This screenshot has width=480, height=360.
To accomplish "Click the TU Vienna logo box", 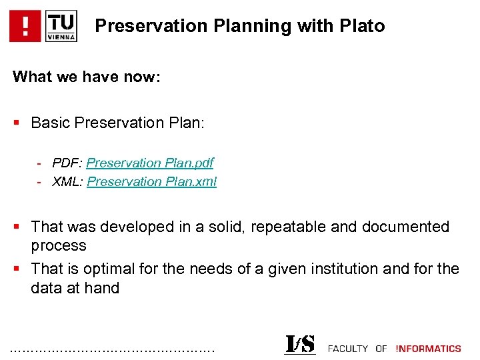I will coord(61,26).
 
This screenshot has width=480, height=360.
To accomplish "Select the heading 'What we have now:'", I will coord(87,77).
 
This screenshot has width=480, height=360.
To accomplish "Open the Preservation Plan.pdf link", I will coord(150,163).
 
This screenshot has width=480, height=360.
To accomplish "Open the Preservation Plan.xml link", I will coord(152,181).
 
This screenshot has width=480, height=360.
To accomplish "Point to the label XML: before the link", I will coord(68,181).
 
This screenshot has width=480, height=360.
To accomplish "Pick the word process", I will coord(59,245).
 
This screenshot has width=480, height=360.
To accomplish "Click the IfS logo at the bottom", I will coord(300,344).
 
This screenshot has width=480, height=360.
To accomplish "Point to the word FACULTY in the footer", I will coord(348,348).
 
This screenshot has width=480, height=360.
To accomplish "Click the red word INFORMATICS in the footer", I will coord(428,348).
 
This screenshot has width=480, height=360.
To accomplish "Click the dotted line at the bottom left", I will coord(113,349).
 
